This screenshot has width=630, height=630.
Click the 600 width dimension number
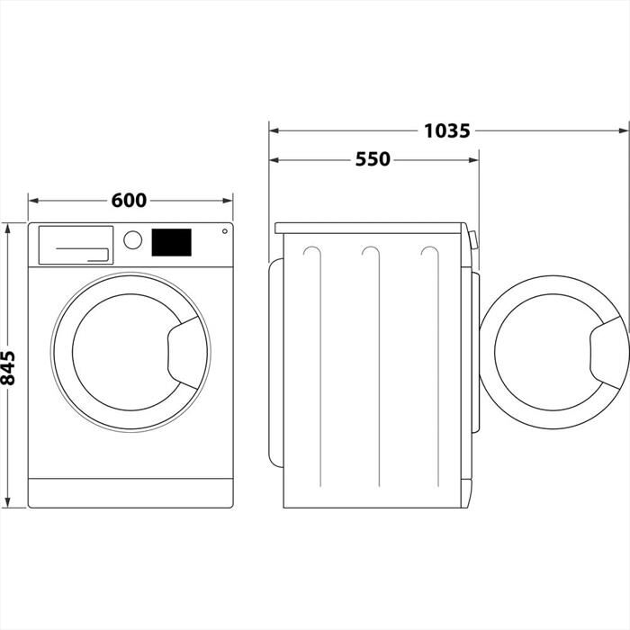130,200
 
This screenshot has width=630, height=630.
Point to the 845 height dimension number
10,368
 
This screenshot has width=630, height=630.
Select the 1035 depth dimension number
446,130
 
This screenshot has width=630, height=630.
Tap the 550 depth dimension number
373,159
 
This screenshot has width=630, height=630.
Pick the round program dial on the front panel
133,240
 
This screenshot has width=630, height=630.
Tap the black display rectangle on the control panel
171,241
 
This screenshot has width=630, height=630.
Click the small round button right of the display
222,231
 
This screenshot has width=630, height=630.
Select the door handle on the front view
186,352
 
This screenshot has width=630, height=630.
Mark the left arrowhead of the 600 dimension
33,200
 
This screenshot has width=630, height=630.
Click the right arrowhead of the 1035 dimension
624,130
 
